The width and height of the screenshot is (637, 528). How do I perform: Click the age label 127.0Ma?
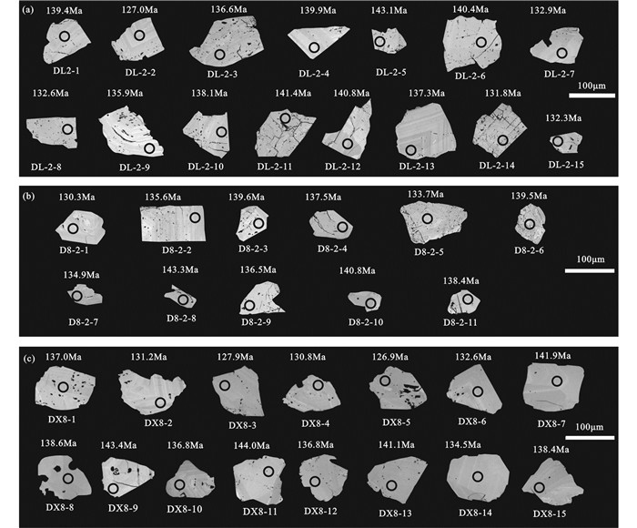139,9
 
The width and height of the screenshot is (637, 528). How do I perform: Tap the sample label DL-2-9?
135,168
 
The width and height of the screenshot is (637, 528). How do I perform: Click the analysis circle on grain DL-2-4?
314,47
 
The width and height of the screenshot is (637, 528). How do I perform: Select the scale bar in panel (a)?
591,96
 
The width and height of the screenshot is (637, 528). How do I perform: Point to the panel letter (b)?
29,197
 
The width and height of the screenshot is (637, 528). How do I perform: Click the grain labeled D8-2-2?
173,223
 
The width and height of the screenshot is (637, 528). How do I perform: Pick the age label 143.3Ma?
180,269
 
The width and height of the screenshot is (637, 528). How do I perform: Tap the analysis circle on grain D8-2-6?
530,224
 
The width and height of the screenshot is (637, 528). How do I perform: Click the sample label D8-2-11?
460,322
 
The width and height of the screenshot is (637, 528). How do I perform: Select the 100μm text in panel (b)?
591,259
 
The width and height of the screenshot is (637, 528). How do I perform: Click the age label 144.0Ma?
251,445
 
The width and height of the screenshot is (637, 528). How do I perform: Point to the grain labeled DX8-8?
64,477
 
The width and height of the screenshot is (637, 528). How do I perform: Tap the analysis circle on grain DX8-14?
478,476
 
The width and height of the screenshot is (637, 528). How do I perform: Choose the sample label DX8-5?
396,421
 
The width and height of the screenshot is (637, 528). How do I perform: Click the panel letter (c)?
29,359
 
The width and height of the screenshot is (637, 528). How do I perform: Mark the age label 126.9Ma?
390,357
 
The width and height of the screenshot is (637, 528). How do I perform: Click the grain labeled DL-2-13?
425,132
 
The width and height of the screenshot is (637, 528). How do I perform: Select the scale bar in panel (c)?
590,437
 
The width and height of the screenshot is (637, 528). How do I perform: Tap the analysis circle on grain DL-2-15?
558,141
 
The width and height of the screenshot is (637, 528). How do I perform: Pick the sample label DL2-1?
66,70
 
